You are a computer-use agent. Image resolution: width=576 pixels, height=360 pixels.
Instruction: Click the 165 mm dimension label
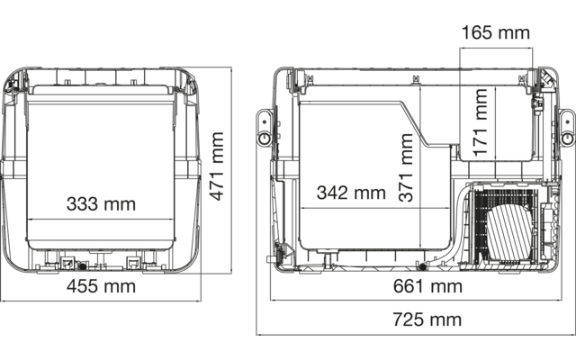pyautogui.click(x=495, y=33)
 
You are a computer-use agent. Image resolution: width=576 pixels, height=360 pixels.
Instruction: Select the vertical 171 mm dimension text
pyautogui.click(x=482, y=121)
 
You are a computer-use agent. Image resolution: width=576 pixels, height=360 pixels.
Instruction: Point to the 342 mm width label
pyautogui.click(x=350, y=193)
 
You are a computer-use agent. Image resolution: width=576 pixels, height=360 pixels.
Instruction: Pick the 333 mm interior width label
pyautogui.click(x=100, y=203)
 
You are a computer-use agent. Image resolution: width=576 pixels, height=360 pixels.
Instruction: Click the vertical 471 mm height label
pyautogui.click(x=216, y=166)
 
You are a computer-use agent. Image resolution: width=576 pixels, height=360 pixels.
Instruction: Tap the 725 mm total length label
pyautogui.click(x=426, y=319)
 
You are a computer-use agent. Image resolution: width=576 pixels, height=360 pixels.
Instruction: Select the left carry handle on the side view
pyautogui.click(x=264, y=127)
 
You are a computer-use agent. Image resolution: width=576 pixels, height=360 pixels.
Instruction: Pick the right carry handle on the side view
pyautogui.click(x=566, y=127)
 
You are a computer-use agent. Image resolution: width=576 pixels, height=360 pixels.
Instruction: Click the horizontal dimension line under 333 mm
pyautogui.click(x=100, y=218)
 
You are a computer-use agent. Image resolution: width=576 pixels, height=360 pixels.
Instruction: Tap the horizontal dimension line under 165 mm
pyautogui.click(x=494, y=48)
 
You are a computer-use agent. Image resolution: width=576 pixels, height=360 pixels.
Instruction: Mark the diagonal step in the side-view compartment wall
pyautogui.click(x=418, y=122)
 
